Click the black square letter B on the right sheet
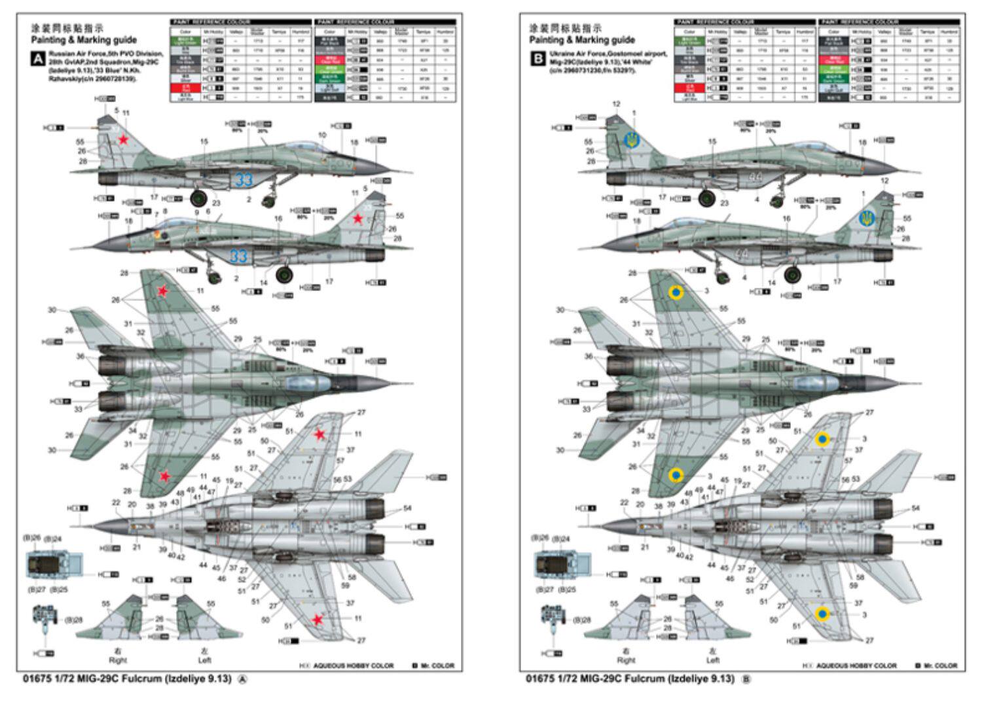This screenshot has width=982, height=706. point(538,59)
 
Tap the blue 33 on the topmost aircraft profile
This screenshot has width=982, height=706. point(244,179)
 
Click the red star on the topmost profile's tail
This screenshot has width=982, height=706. point(122,140)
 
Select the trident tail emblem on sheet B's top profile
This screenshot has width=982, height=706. point(632,139)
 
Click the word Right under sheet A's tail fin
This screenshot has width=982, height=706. point(118,660)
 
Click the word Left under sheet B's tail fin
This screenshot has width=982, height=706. point(712,660)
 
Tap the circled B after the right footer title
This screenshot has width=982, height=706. point(746,679)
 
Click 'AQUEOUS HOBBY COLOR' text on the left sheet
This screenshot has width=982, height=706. point(354,665)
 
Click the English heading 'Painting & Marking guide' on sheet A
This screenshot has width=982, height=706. point(84,40)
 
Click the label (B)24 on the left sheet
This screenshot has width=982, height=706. point(53,539)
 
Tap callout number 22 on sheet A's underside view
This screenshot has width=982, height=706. point(116,503)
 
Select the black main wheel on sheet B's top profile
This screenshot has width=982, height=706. point(706,198)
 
